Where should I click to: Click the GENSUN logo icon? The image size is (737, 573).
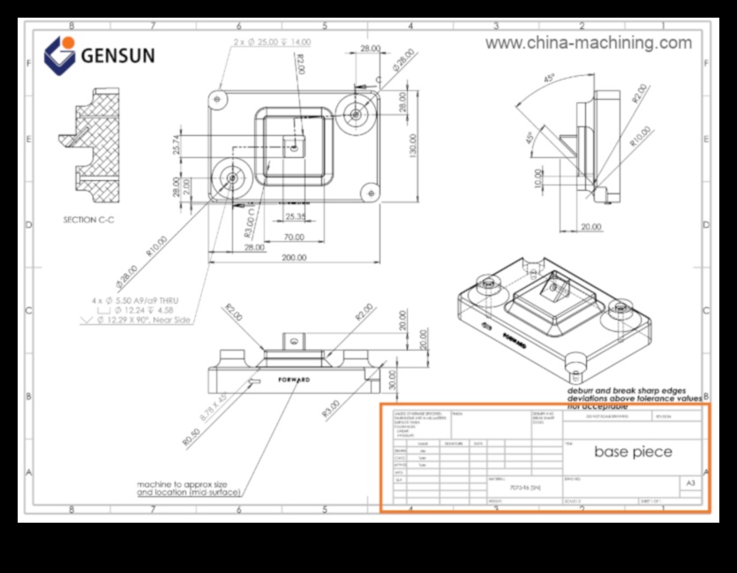(59, 55)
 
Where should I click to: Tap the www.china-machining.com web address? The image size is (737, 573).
(589, 42)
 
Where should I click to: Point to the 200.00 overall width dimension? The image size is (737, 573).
(294, 258)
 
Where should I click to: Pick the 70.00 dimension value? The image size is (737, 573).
(294, 237)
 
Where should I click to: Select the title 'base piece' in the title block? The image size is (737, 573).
(632, 452)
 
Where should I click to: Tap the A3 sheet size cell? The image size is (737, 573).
(690, 484)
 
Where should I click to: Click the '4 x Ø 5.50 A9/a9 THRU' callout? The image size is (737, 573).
(147, 299)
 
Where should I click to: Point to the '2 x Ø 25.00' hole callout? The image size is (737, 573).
(272, 42)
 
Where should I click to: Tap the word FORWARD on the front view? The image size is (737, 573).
(294, 380)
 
